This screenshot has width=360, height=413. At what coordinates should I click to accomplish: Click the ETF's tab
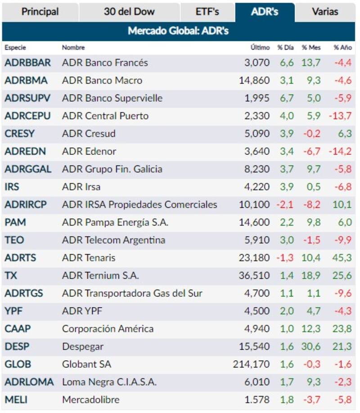[x=207, y=12]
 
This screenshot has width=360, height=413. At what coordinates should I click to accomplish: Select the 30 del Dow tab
[x=129, y=12]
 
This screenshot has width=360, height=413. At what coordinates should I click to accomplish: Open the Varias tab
[x=325, y=12]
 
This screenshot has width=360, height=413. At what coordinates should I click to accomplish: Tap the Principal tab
[x=40, y=12]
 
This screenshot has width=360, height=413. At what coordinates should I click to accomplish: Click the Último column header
[x=260, y=47]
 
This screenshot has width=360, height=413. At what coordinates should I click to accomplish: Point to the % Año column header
[x=342, y=47]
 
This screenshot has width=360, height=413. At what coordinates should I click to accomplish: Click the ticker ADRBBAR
[x=27, y=63]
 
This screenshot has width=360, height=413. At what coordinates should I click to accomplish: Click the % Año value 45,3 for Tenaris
[x=342, y=258]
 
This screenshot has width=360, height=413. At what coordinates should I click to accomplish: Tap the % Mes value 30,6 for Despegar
[x=311, y=346]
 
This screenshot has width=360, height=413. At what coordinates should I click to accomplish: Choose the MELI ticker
[x=16, y=400]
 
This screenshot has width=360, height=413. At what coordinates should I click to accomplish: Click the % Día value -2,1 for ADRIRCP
[x=285, y=205]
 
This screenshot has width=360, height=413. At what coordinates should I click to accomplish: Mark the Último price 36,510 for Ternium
[x=254, y=275]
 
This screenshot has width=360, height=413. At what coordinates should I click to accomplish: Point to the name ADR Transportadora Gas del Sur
[x=132, y=293]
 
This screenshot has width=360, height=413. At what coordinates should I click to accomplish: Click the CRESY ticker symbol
[x=19, y=134]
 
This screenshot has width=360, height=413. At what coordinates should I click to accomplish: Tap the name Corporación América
[x=108, y=329]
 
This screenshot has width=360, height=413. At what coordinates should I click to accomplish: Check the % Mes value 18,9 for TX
[x=311, y=275]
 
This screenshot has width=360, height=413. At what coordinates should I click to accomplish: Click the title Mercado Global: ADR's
[x=179, y=31]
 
